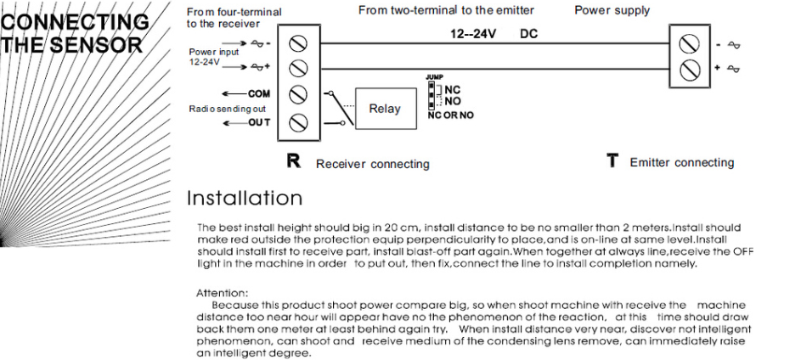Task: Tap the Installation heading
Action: (245, 199)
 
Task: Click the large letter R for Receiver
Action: (294, 162)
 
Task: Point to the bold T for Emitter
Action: (611, 162)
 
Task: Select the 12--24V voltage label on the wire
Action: (473, 35)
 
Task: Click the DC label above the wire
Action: (528, 35)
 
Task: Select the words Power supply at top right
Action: (612, 11)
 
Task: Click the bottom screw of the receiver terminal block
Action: (297, 121)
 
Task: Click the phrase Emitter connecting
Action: (681, 163)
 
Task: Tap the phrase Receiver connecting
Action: (372, 164)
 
